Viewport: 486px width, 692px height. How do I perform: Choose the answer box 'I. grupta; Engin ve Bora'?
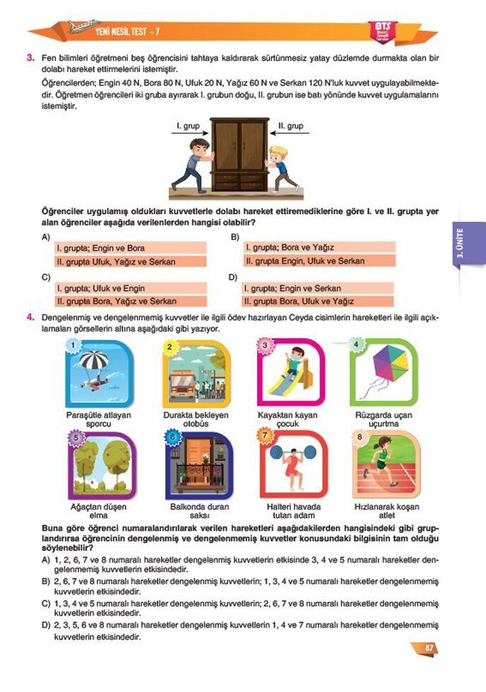tap(131, 249)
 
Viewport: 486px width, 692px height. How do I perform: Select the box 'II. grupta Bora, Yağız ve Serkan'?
tap(131, 301)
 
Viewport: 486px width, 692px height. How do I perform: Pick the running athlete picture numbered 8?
tap(386, 465)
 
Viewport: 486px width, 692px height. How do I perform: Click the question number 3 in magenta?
tap(31, 59)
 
